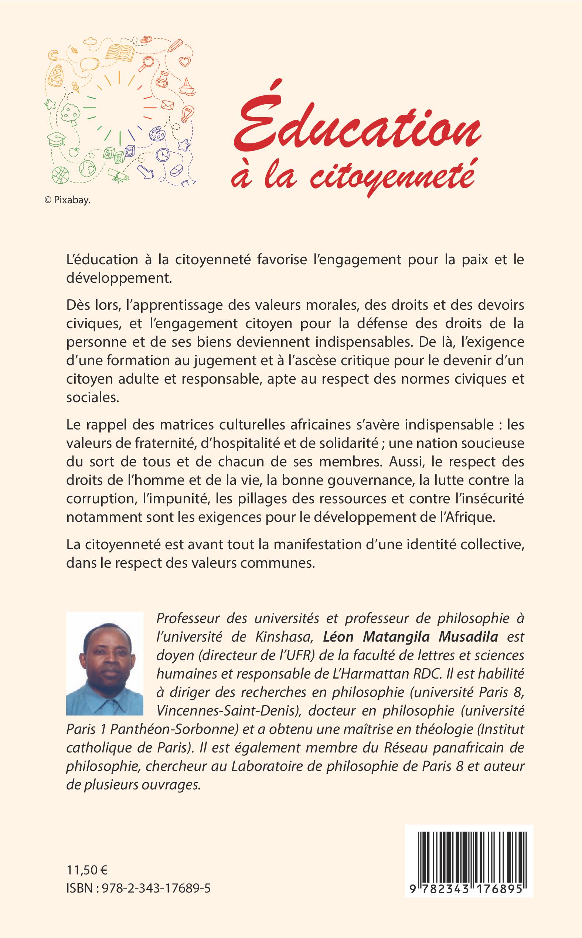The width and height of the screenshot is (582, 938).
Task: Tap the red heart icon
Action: [x=186, y=61]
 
